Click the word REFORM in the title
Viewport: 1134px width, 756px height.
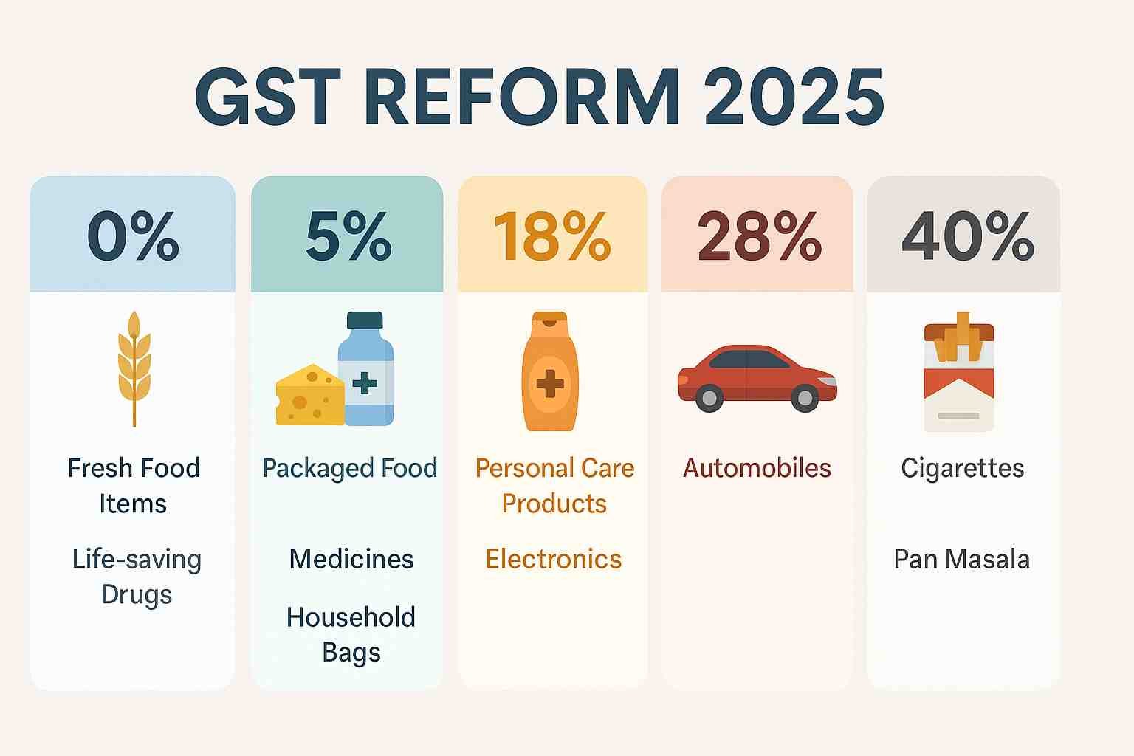(x=523, y=97)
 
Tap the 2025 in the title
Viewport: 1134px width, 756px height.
(x=794, y=97)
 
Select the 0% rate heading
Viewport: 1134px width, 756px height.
(x=133, y=236)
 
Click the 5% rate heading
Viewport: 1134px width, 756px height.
(x=348, y=236)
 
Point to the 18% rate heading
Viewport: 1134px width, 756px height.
(x=552, y=236)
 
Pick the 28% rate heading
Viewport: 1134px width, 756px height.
(x=760, y=236)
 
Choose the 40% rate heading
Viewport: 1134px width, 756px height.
(x=967, y=236)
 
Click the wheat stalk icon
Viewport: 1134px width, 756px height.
(x=134, y=369)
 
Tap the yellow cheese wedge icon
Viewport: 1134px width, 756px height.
(x=310, y=395)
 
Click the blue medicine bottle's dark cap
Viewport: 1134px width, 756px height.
(x=365, y=320)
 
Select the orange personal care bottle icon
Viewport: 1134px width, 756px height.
(x=550, y=371)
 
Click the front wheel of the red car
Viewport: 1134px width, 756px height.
(x=805, y=398)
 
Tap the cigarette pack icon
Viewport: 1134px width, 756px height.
(x=959, y=371)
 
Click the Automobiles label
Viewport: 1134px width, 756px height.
(x=757, y=468)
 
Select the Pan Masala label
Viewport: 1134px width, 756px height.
(x=962, y=560)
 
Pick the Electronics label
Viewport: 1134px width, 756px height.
(x=553, y=560)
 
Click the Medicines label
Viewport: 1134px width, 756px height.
(x=351, y=560)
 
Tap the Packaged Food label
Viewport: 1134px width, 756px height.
(x=350, y=469)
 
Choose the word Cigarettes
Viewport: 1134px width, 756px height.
(x=963, y=469)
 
